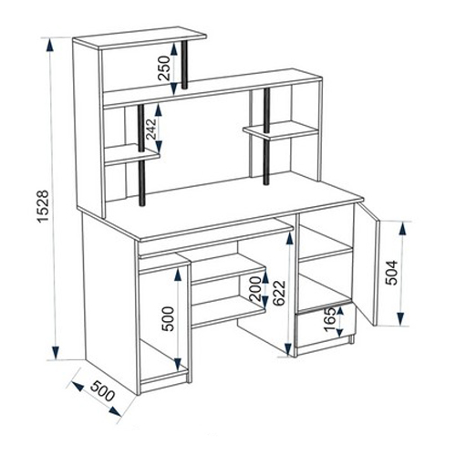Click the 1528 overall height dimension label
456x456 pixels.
tap(43, 206)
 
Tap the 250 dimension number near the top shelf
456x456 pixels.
tap(164, 67)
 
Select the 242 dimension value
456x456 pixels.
tap(151, 129)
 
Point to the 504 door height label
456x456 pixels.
tap(391, 273)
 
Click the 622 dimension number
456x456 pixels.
tap(279, 293)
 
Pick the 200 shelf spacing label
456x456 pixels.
tap(254, 288)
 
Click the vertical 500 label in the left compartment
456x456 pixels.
tap(168, 319)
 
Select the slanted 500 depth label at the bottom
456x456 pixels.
tap(102, 391)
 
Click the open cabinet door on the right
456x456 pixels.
tap(368, 264)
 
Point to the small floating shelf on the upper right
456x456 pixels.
tap(280, 130)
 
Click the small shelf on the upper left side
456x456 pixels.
tap(132, 154)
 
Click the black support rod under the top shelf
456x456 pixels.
tap(184, 65)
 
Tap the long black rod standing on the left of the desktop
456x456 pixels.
tap(141, 155)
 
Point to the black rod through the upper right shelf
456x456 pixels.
tap(266, 137)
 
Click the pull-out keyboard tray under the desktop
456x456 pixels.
tap(216, 239)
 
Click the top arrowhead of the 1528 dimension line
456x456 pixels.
tap(50, 45)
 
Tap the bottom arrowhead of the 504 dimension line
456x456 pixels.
tap(401, 318)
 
